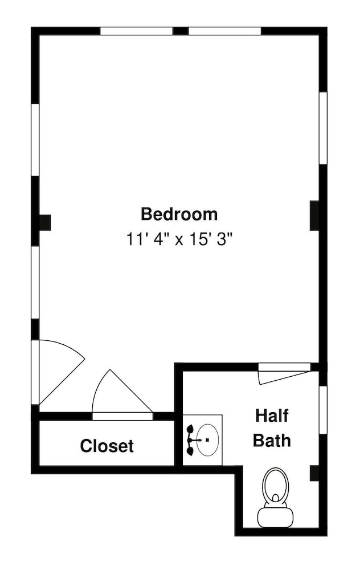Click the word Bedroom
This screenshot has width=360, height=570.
point(179,214)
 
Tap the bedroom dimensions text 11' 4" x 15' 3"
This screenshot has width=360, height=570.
point(179,239)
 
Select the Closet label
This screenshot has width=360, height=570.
point(107,446)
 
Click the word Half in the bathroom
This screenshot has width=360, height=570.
point(272,416)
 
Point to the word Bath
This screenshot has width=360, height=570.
point(272,440)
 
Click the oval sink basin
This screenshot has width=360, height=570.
point(207,440)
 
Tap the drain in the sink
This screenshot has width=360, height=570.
point(207,440)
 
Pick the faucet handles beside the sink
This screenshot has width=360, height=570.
point(190,440)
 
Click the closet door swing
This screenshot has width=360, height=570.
point(122,395)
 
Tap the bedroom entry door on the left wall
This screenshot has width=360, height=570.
point(58,372)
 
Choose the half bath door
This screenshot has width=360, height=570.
point(284,373)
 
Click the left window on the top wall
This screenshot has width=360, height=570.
point(136,31)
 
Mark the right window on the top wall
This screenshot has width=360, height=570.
point(225,31)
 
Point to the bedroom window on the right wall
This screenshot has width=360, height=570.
point(323,128)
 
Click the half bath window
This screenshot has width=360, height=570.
point(323,410)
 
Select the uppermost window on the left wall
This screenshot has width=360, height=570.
point(35,140)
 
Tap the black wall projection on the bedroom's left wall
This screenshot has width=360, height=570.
point(45,222)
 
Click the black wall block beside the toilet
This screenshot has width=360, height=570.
point(314,473)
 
